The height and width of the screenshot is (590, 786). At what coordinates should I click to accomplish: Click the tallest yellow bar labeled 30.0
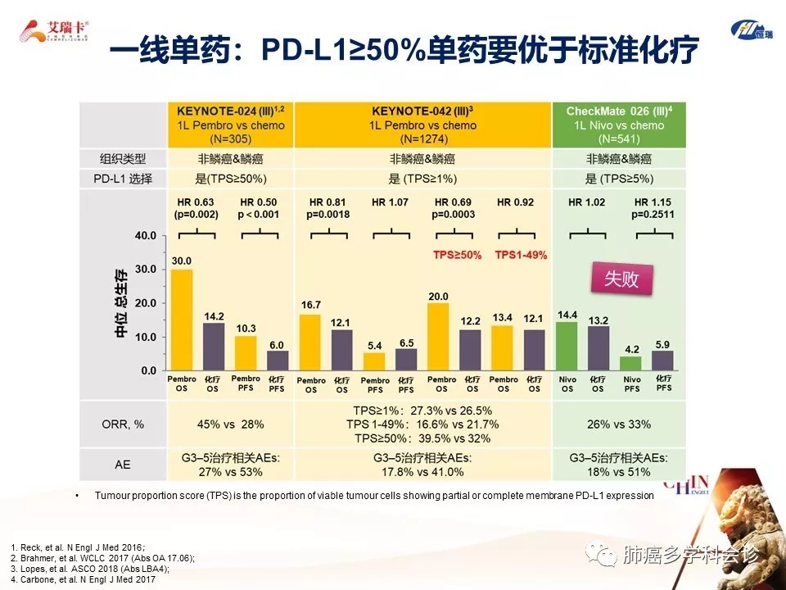pos(181,320)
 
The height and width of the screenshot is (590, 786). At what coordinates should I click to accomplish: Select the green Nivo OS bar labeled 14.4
pos(567,346)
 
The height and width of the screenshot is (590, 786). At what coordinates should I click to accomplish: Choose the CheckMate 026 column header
pos(620,125)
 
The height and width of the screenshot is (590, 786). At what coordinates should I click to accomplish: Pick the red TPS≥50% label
pos(458,255)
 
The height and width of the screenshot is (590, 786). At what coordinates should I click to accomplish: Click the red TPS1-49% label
pos(521,255)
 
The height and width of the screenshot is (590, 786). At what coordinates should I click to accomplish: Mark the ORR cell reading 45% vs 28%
pos(230,424)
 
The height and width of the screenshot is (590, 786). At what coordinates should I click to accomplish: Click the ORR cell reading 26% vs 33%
pos(620,424)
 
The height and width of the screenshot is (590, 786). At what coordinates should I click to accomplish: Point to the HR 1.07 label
pos(389,202)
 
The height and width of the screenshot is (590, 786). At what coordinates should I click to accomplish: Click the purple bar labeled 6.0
pos(278,361)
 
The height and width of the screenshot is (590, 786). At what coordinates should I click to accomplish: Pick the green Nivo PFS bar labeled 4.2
pos(630,363)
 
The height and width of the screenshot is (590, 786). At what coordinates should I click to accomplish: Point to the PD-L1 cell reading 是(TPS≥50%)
pos(230,179)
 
